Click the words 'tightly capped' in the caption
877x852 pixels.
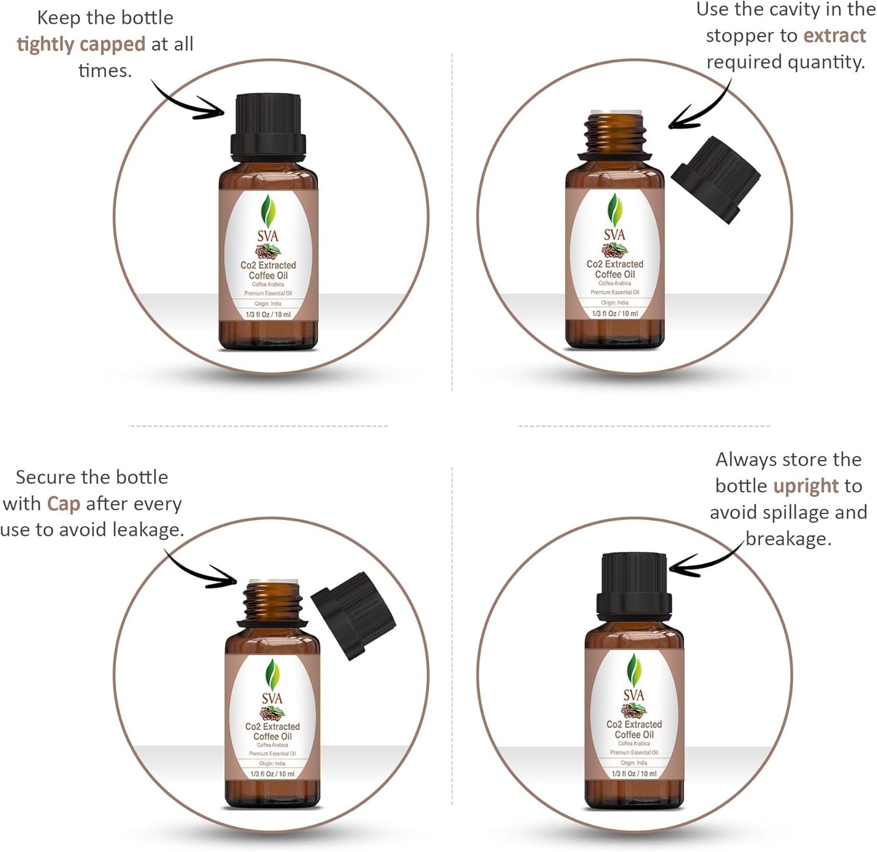click(81, 44)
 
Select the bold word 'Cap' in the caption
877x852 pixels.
click(63, 504)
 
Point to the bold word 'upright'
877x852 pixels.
click(805, 486)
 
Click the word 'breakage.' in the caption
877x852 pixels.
click(788, 539)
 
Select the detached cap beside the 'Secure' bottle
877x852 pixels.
click(353, 614)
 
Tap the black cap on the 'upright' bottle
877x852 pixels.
click(634, 586)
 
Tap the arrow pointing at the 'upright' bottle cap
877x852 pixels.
click(704, 562)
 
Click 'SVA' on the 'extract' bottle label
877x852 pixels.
click(614, 235)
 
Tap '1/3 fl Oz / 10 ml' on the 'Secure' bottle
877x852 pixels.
click(272, 774)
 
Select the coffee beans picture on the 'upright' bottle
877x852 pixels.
click(633, 709)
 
